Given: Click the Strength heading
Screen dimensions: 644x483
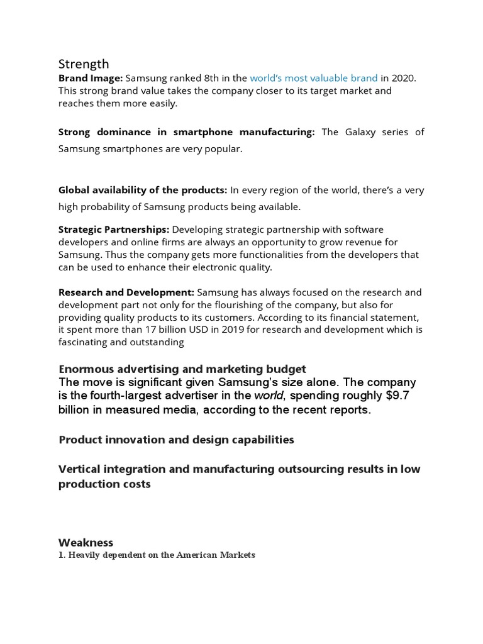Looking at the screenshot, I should coord(84,64).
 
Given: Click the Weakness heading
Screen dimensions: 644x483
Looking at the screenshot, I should coord(86,542).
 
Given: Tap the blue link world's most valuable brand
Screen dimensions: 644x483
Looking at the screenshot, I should coord(314,79).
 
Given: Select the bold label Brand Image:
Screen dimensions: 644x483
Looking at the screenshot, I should coord(91,79).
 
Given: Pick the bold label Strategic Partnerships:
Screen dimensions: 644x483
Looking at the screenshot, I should coord(114,230).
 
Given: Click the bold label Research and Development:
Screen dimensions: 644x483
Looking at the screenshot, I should coord(126,292).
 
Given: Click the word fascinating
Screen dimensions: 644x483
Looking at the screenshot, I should coord(85,343).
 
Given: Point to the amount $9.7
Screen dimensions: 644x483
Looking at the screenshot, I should coord(397,396).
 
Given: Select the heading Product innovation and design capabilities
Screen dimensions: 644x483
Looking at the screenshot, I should coord(176,440).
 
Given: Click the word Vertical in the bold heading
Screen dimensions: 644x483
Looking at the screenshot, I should coord(80,469).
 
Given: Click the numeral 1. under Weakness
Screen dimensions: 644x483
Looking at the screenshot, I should coord(62,555).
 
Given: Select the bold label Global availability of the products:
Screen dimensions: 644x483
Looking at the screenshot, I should coord(143,190).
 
